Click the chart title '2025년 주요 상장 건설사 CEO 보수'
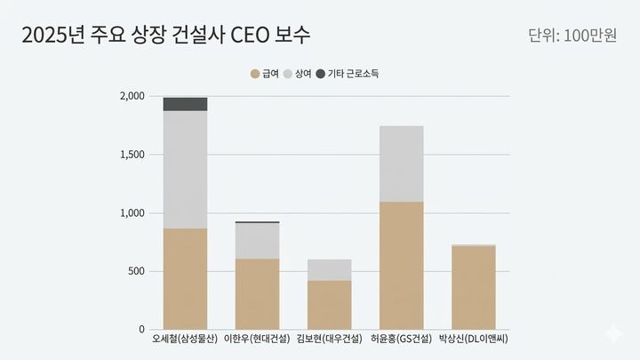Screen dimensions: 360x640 click(x=166, y=36)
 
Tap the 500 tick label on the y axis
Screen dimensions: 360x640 click(x=135, y=271)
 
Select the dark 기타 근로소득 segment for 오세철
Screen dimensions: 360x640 click(x=185, y=104)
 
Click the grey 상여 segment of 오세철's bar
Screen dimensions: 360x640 click(x=185, y=169)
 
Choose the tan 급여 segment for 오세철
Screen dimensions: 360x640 click(x=185, y=279)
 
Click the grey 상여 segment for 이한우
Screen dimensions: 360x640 click(x=257, y=240)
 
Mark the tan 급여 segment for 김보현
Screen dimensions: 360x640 click(x=329, y=305)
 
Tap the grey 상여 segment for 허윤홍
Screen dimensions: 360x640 click(x=401, y=164)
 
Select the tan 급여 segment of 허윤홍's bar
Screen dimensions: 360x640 click(x=401, y=266)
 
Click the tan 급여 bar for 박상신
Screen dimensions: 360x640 click(x=473, y=288)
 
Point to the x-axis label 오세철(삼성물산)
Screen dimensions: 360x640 click(x=185, y=340)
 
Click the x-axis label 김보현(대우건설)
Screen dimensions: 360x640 click(x=329, y=340)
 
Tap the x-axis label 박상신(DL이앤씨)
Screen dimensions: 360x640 click(x=474, y=340)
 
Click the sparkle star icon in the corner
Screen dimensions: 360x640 click(x=612, y=333)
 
